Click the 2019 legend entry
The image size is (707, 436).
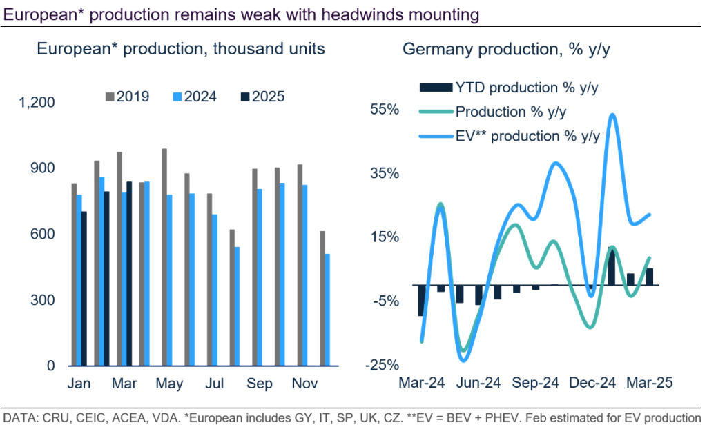pos(127,97)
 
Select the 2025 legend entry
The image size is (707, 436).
pos(261,97)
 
